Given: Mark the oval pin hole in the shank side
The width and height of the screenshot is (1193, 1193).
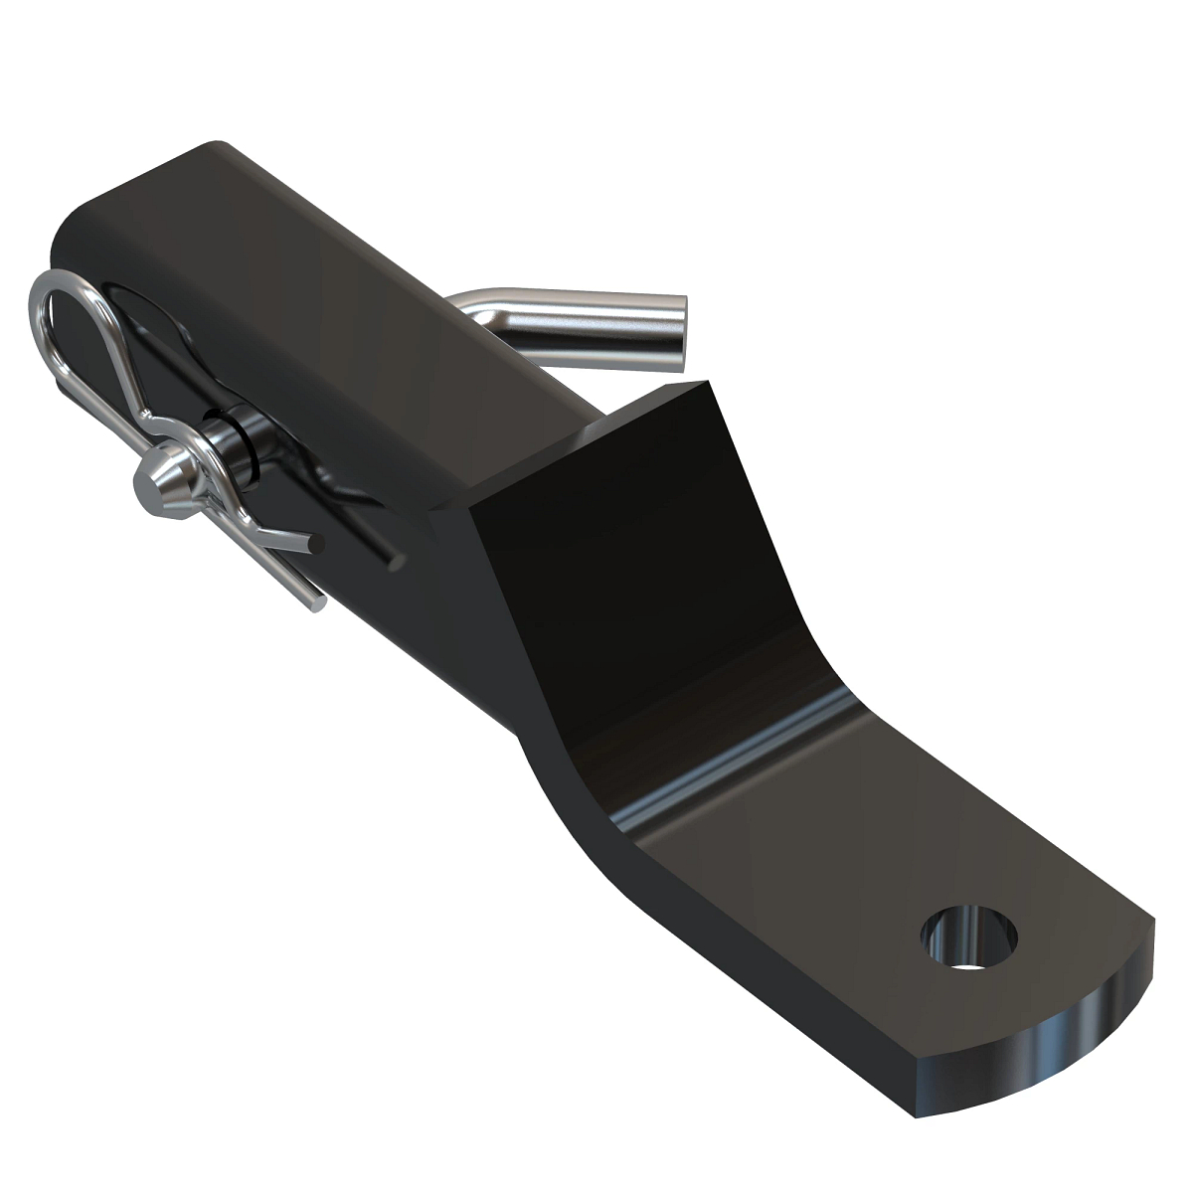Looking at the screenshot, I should pos(139,298).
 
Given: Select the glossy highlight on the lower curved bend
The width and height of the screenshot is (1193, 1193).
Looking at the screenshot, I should pos(716,795).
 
